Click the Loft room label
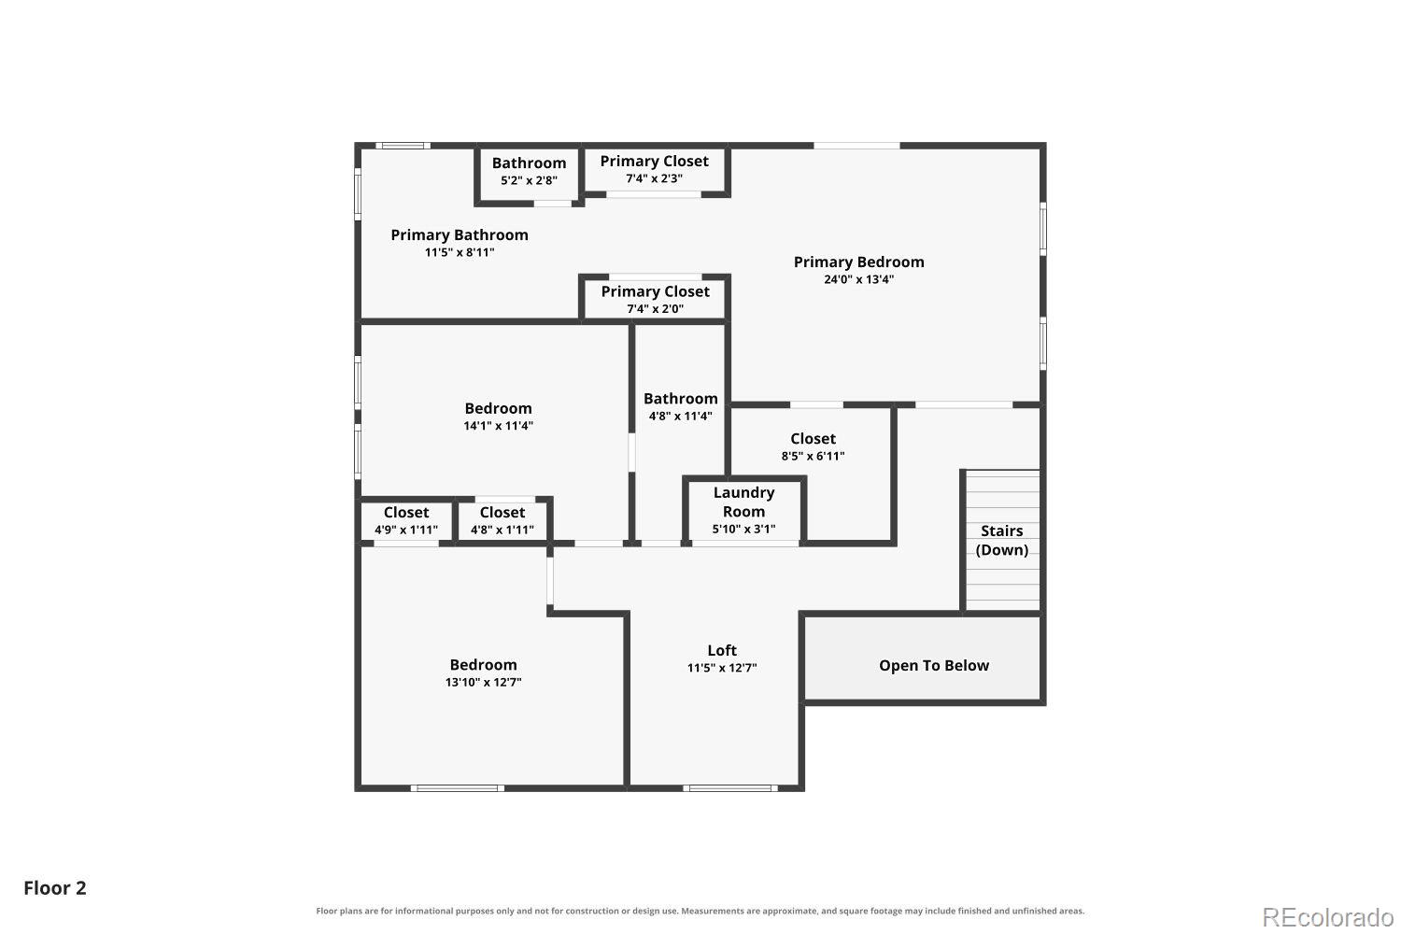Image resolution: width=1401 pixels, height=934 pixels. point(722,651)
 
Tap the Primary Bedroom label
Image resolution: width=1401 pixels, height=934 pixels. point(858,262)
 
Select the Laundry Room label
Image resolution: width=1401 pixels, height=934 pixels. point(743,502)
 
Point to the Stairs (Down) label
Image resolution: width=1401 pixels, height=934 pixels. point(1001,541)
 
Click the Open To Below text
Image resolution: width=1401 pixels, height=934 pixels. point(934,666)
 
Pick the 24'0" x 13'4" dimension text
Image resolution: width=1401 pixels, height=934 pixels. point(858,279)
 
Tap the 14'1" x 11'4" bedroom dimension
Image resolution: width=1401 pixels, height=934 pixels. point(498,426)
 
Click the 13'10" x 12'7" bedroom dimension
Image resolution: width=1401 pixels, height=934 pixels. point(483,683)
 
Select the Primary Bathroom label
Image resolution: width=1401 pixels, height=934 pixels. point(460,235)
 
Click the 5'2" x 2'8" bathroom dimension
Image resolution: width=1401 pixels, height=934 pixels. point(529,181)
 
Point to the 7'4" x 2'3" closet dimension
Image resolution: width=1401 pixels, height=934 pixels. point(654,179)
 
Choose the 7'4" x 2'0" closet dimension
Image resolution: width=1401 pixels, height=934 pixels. point(655,309)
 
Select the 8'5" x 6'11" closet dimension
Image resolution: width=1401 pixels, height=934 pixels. point(813,456)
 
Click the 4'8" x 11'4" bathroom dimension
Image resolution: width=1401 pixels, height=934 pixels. point(680,416)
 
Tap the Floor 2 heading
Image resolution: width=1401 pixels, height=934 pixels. point(55,888)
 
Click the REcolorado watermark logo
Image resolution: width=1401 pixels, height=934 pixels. point(1328,918)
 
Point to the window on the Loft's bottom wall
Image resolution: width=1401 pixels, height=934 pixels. point(729,788)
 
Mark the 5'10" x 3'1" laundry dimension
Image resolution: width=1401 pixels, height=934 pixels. point(743,530)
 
